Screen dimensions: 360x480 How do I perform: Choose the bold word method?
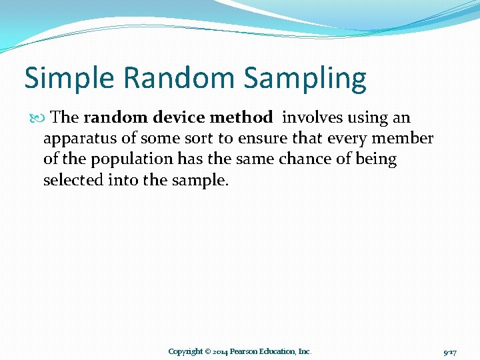pos(241,118)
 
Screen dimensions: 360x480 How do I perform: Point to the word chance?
pos(307,159)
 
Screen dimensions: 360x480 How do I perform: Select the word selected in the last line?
pos(71,180)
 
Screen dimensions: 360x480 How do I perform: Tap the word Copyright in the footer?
pos(185,351)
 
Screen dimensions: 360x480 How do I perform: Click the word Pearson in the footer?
pos(246,351)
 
